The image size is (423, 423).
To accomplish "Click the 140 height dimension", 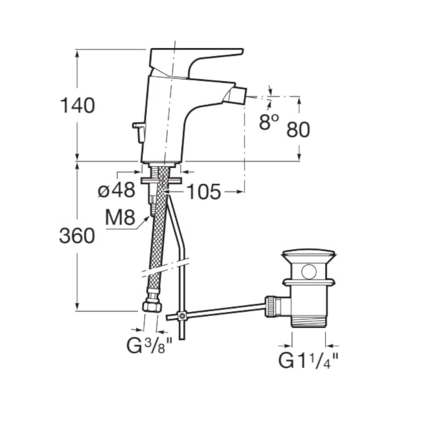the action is (x=77, y=105).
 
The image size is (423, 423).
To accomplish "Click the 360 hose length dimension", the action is (x=77, y=236).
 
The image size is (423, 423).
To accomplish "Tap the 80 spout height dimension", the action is (x=298, y=130).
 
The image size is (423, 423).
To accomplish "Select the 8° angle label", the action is (x=269, y=122).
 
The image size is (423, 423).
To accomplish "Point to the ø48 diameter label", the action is (x=116, y=190).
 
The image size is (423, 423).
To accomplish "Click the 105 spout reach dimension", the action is (x=204, y=192).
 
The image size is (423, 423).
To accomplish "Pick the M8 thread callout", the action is (x=120, y=217).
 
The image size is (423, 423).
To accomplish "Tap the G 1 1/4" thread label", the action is (x=308, y=361).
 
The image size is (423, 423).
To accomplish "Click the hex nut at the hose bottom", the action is (x=152, y=306).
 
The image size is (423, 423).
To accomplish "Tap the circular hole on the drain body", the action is (x=309, y=272).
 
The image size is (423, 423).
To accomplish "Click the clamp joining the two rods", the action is (x=181, y=316).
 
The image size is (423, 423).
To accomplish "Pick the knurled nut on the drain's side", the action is (x=271, y=307).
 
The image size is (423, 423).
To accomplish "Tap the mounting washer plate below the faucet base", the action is (x=161, y=181).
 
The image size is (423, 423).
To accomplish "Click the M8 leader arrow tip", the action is (x=149, y=216).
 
